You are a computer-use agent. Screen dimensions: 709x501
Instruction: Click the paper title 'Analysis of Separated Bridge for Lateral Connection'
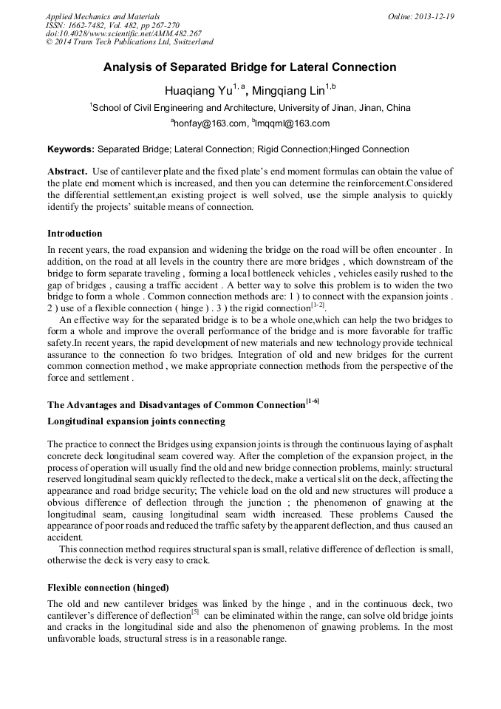250,67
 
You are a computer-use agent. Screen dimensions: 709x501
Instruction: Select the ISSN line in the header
112,25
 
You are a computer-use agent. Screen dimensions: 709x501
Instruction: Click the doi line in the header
123,34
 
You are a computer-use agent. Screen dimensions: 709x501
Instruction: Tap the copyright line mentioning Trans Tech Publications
129,43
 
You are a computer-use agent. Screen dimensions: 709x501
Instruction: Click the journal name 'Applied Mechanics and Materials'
102,16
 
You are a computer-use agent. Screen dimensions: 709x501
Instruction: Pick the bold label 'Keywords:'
71,149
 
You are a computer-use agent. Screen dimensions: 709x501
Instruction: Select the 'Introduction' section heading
75,233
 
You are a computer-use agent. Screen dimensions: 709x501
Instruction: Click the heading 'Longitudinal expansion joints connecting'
136,421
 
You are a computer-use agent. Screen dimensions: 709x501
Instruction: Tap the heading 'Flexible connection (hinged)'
109,587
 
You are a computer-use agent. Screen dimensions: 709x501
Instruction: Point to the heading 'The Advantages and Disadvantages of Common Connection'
176,404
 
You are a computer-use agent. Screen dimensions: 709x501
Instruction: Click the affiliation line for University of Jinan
250,108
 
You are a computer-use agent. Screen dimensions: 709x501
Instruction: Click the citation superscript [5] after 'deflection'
195,612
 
